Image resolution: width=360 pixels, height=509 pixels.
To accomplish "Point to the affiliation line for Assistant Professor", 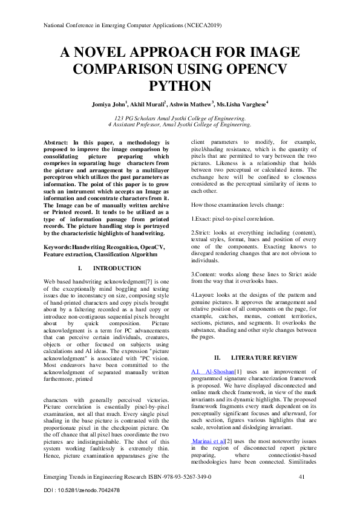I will (180, 124).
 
